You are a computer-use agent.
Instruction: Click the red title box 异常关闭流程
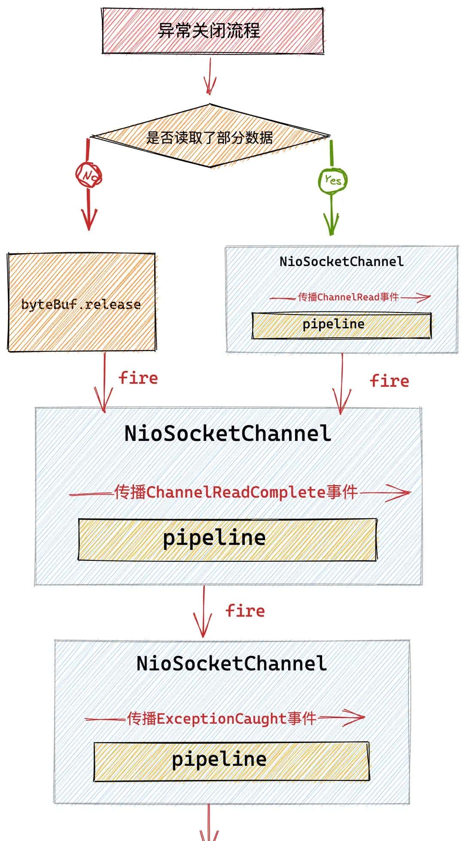coord(212,31)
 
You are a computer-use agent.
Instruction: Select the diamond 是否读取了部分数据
coord(210,137)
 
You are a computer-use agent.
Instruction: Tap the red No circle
coord(88,175)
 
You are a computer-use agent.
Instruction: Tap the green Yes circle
coord(332,180)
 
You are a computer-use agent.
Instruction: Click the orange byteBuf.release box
coord(82,303)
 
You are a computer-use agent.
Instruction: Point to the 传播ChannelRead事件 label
coord(348,297)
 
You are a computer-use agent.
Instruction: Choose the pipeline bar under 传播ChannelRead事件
coord(341,325)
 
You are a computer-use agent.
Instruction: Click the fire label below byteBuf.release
coord(138,378)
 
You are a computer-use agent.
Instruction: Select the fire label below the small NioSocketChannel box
coord(390,381)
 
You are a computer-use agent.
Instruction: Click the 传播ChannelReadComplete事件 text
coord(236,492)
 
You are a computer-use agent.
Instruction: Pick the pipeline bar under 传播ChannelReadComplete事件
coord(227,539)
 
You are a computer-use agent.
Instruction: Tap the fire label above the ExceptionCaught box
coord(245,611)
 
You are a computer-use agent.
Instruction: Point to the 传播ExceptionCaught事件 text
coord(222,718)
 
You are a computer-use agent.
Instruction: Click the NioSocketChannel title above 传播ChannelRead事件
coord(341,261)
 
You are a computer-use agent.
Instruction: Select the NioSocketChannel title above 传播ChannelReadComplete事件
coord(228,433)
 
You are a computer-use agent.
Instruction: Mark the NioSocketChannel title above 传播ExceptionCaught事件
coord(231,663)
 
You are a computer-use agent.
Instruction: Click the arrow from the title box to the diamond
coord(210,76)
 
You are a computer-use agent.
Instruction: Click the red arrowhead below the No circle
coord(89,219)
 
